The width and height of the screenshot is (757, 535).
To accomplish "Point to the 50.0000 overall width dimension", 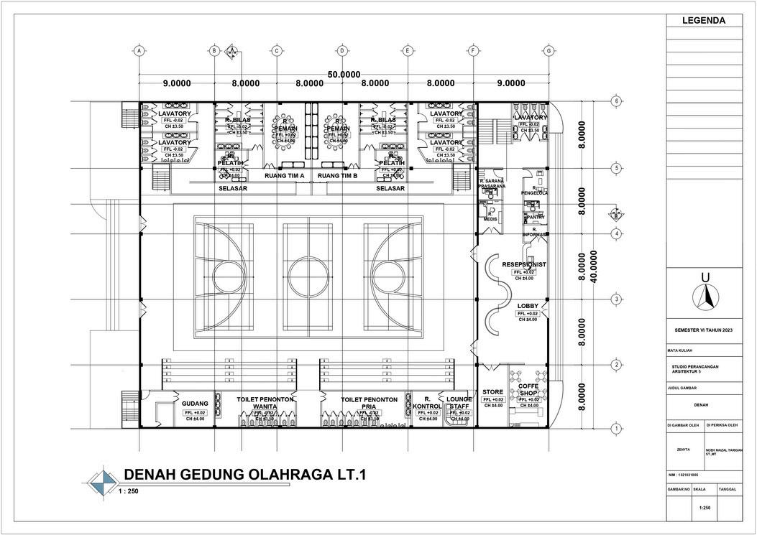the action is [344, 75].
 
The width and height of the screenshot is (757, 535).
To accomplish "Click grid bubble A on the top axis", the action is [139, 51].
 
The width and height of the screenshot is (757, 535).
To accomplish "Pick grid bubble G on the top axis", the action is [549, 51].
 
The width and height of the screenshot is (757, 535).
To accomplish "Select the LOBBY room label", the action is [528, 306].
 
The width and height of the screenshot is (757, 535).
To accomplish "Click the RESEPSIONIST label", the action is [524, 264].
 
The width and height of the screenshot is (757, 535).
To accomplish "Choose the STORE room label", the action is [492, 391].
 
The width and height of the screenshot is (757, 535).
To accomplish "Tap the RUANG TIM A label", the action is [285, 175].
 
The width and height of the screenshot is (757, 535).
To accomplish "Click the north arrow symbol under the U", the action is [705, 296].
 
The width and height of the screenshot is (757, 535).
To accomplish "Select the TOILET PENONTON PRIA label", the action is [369, 402].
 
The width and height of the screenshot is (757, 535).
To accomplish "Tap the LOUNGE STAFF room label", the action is [458, 402].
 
